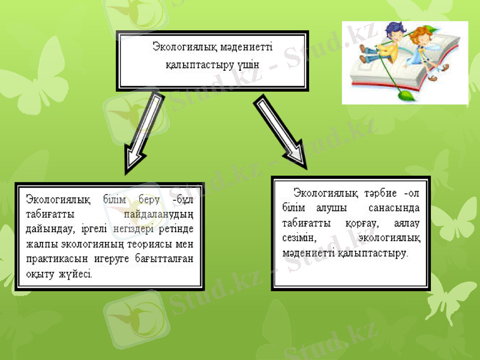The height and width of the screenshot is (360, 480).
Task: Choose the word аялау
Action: point(406,223)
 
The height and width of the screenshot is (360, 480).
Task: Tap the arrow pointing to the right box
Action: point(281,131)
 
